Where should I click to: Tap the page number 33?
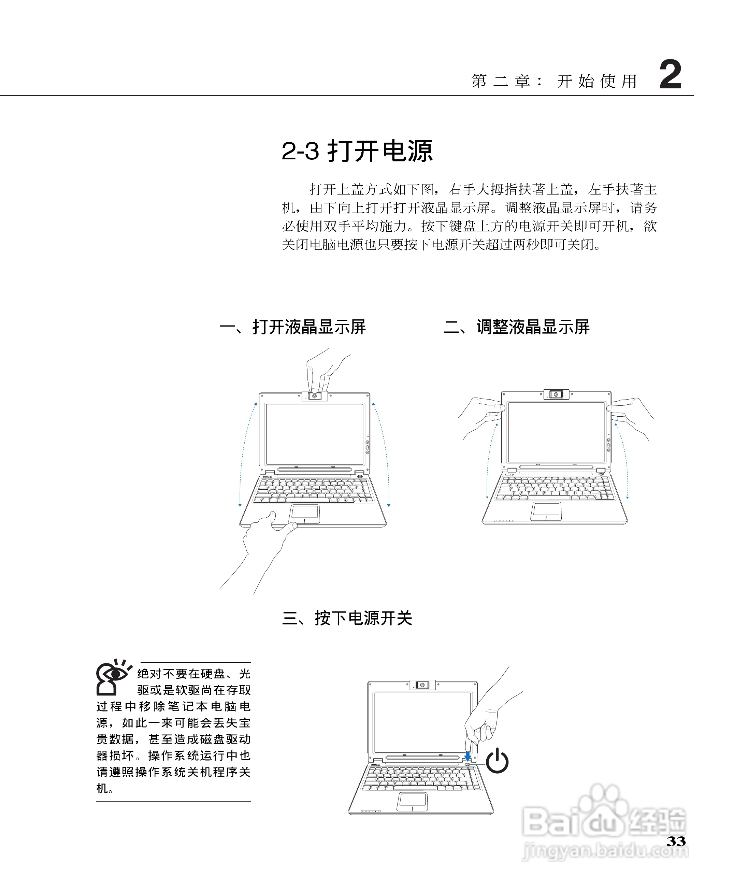[x=676, y=841]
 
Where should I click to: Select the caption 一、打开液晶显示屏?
[x=292, y=327]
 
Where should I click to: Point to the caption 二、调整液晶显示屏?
[x=516, y=327]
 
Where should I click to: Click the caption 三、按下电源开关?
[x=347, y=618]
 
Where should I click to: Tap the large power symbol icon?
[x=497, y=761]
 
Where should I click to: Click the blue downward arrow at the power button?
[x=467, y=756]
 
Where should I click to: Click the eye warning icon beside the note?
[x=112, y=677]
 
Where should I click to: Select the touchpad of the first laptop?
[x=304, y=514]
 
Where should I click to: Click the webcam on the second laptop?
[x=556, y=394]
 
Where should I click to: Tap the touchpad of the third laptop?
[x=412, y=801]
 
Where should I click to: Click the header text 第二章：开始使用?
[x=554, y=81]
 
